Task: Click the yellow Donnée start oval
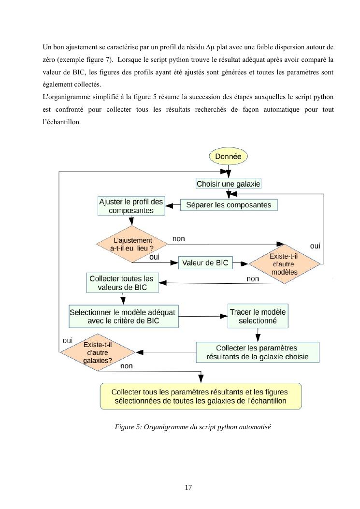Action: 228,157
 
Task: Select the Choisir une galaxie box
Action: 228,184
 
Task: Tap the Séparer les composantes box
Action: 229,205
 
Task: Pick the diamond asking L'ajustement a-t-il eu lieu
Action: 132,244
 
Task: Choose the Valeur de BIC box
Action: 205,263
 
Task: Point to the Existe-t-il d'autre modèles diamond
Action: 285,264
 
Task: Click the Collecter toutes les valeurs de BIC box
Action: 123,283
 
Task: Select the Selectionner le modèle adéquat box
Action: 124,316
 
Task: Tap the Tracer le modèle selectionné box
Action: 258,316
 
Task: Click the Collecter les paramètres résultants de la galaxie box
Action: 257,353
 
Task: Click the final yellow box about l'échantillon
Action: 200,396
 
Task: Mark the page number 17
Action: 188,487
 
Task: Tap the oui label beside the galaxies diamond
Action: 68,340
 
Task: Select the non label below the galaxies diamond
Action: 126,366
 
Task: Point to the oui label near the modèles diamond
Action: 315,246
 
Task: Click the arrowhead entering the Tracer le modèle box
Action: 225,316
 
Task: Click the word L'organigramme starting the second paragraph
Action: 62,96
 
